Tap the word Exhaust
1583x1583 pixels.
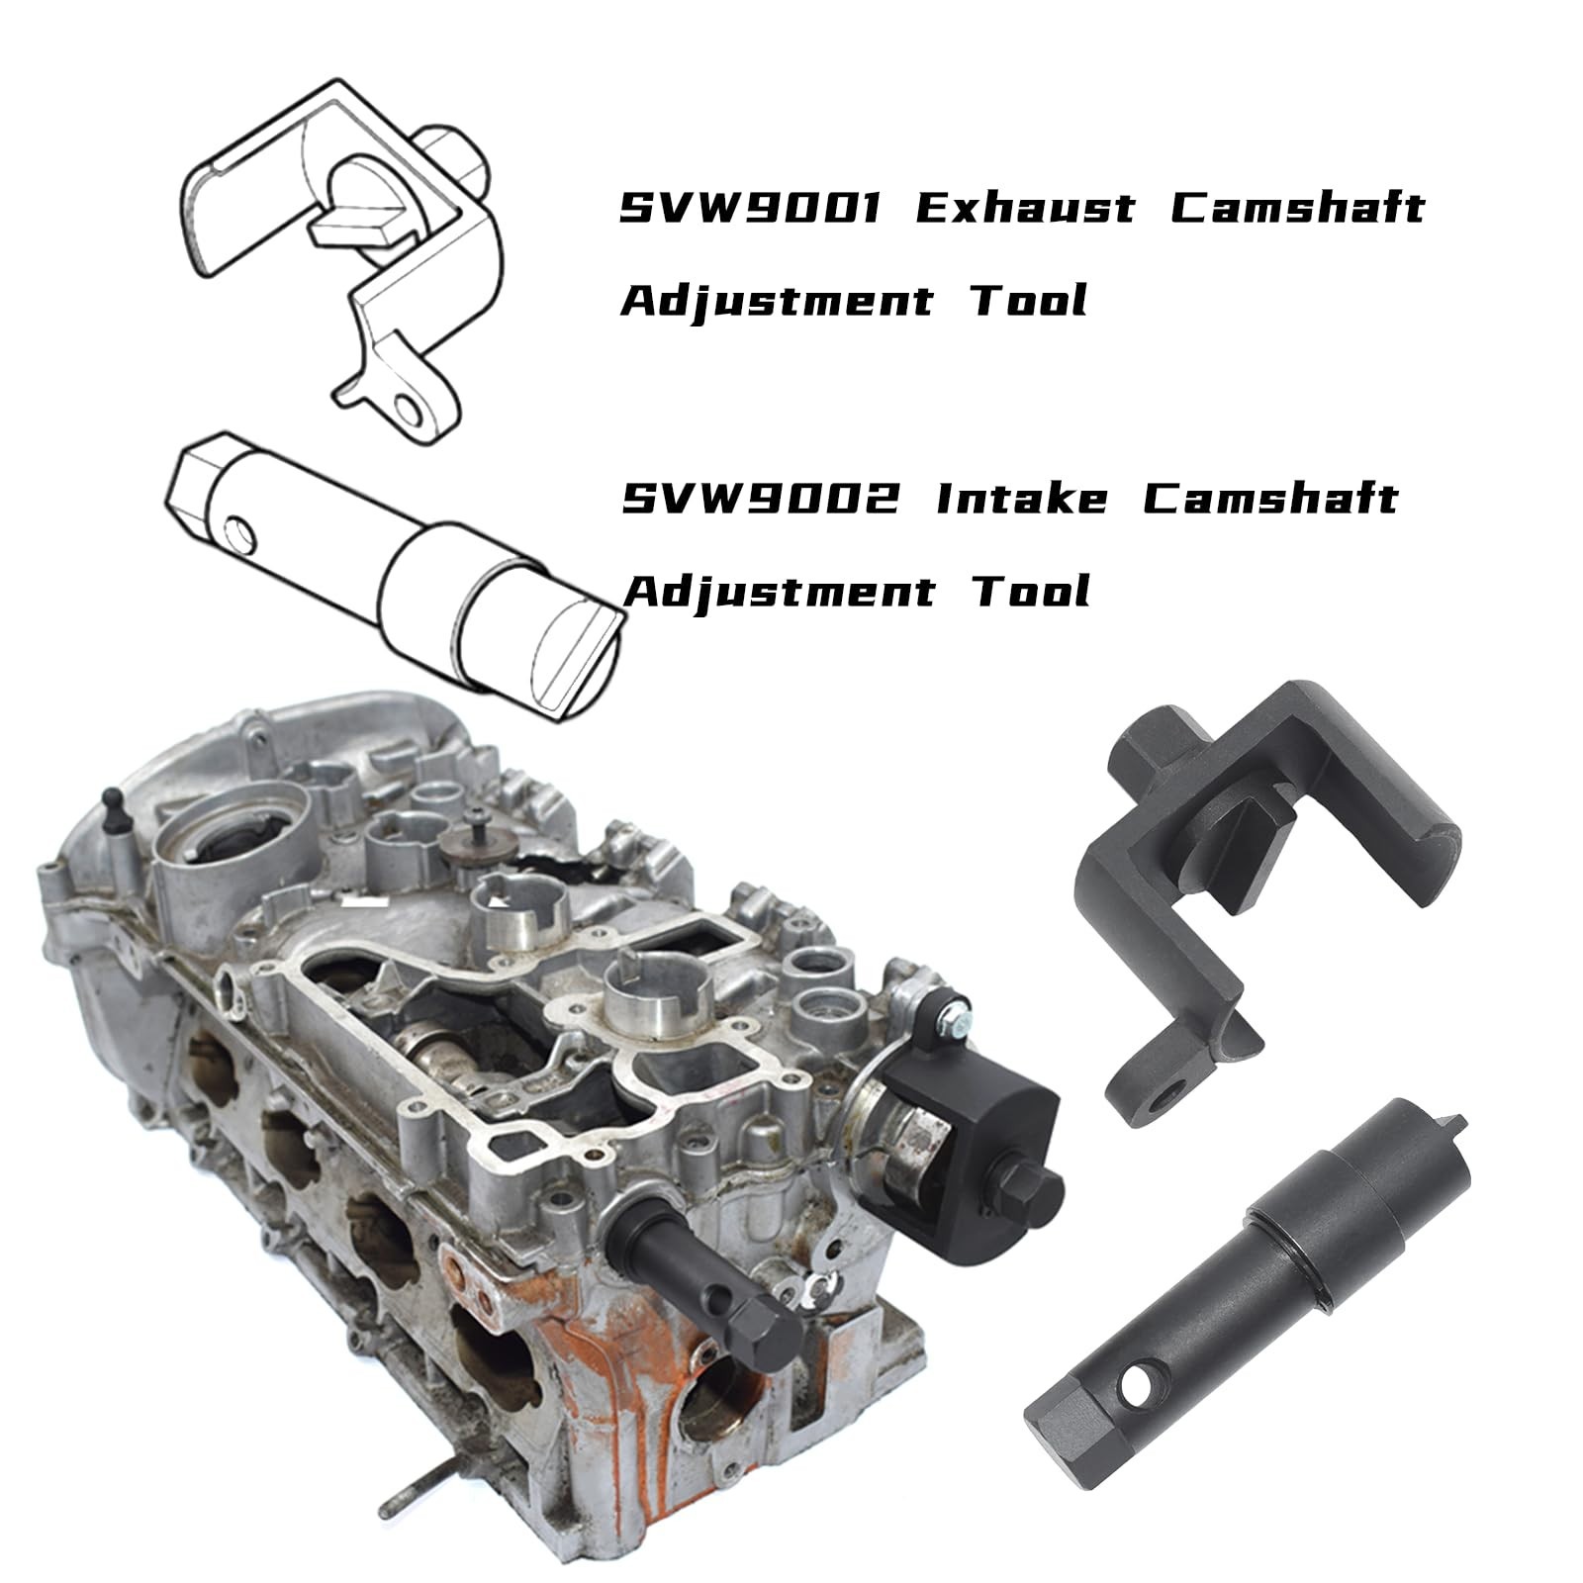[x=1025, y=208]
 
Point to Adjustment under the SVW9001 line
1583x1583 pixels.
[x=777, y=301]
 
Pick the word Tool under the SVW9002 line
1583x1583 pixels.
[x=1030, y=592]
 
